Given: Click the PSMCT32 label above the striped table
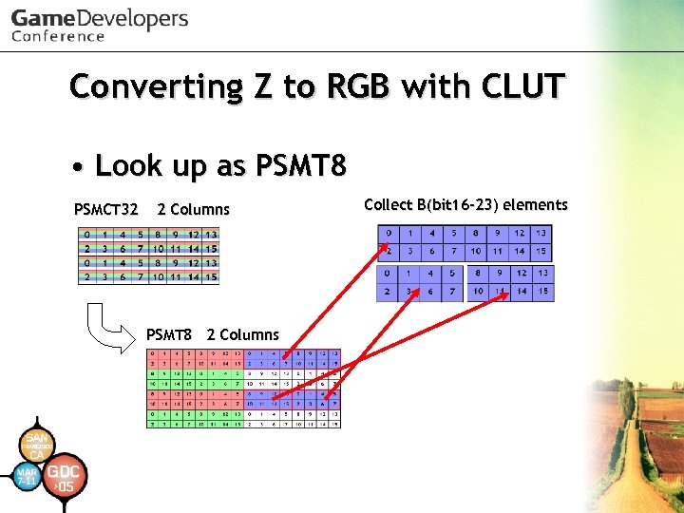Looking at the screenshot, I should (106, 209).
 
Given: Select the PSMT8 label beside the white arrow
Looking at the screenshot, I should (169, 334).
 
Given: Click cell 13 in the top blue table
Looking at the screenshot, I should (541, 234).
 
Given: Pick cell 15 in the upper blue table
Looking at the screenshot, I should (541, 252).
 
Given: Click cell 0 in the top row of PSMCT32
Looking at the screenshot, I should (87, 234).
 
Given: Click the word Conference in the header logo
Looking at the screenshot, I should (58, 36).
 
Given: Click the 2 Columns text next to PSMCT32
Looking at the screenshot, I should (194, 209).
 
